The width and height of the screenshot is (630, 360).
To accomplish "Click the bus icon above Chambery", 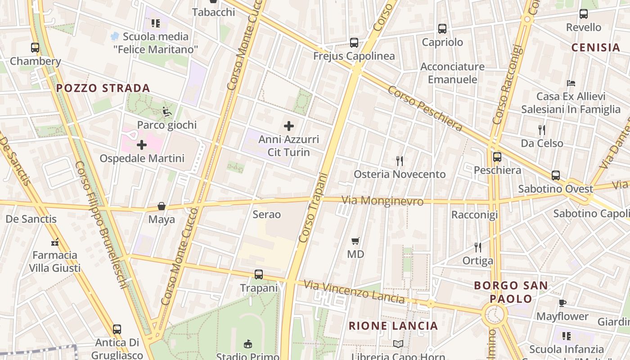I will pyautogui.click(x=35, y=47).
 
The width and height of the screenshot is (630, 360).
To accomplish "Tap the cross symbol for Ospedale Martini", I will pyautogui.click(x=142, y=145).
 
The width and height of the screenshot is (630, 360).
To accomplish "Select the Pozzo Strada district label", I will pyautogui.click(x=103, y=88).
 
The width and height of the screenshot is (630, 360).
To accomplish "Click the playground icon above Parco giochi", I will pyautogui.click(x=167, y=111).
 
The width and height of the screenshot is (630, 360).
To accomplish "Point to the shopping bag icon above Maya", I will pyautogui.click(x=162, y=206).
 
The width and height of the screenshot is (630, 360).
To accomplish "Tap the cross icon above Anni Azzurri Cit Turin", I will pyautogui.click(x=289, y=126).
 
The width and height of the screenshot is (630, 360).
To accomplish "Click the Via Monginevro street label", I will pyautogui.click(x=382, y=201).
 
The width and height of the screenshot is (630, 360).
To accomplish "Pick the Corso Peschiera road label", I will pyautogui.click(x=425, y=108).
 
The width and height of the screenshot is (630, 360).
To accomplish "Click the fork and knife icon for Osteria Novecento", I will pyautogui.click(x=399, y=161).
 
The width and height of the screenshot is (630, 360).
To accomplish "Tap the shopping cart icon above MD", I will pyautogui.click(x=355, y=241).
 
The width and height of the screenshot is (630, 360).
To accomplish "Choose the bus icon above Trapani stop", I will pyautogui.click(x=259, y=274).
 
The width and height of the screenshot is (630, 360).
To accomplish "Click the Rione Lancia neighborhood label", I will pyautogui.click(x=393, y=326).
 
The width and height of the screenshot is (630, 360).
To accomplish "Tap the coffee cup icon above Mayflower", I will pyautogui.click(x=562, y=303).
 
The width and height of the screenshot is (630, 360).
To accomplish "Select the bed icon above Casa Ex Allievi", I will pyautogui.click(x=571, y=83).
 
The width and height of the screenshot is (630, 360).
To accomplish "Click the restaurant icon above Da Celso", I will pyautogui.click(x=542, y=130).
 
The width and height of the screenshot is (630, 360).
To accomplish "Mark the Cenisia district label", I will pyautogui.click(x=596, y=47).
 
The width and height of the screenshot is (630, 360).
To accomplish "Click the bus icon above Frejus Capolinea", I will pyautogui.click(x=354, y=43).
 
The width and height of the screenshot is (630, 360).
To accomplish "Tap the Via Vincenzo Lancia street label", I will pyautogui.click(x=354, y=291).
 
